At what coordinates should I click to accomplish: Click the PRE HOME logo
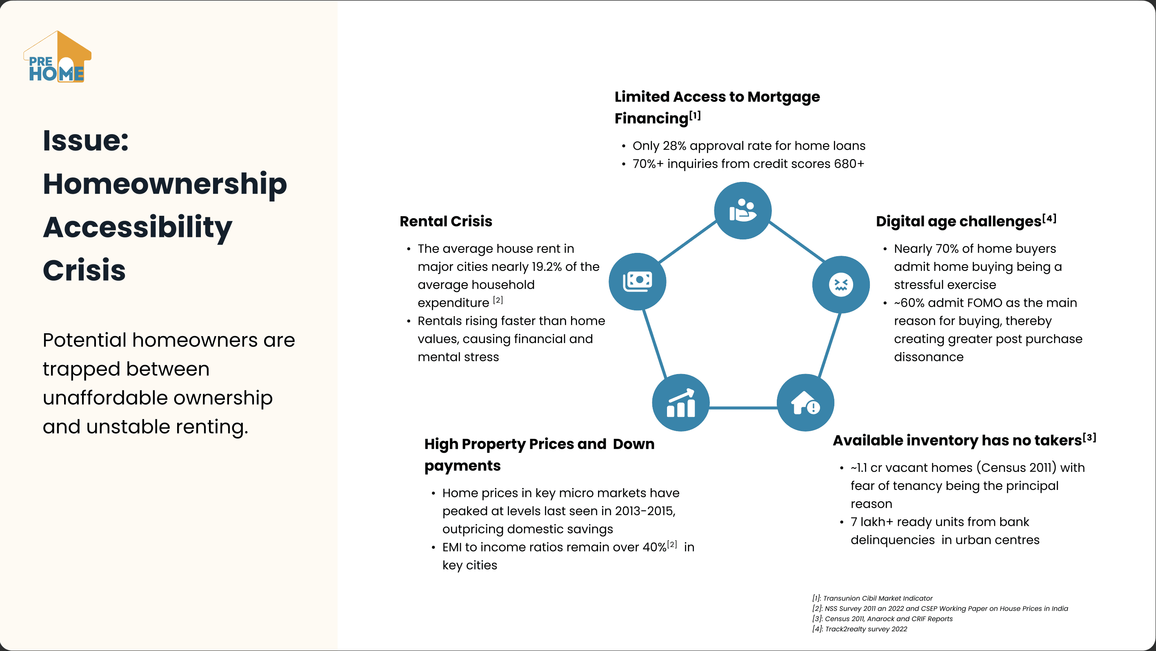[x=57, y=57]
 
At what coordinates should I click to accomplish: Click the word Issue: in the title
[x=86, y=141]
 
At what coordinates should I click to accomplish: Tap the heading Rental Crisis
[x=446, y=221]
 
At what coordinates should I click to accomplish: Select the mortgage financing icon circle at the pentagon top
[x=743, y=211]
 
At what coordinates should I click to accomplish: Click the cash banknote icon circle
[x=637, y=281]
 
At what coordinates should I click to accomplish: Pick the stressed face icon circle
[x=840, y=285]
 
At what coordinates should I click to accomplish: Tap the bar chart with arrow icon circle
[x=680, y=403]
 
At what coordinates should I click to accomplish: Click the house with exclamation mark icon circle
[x=805, y=403]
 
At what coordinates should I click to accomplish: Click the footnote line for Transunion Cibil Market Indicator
[x=872, y=598]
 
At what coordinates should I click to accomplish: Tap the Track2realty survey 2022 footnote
[x=859, y=629]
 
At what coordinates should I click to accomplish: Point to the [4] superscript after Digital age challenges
[x=1049, y=218]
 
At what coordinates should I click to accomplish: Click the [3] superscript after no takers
[x=1089, y=438]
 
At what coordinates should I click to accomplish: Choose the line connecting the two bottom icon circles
[x=743, y=407]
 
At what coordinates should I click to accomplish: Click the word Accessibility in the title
[x=137, y=227]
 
